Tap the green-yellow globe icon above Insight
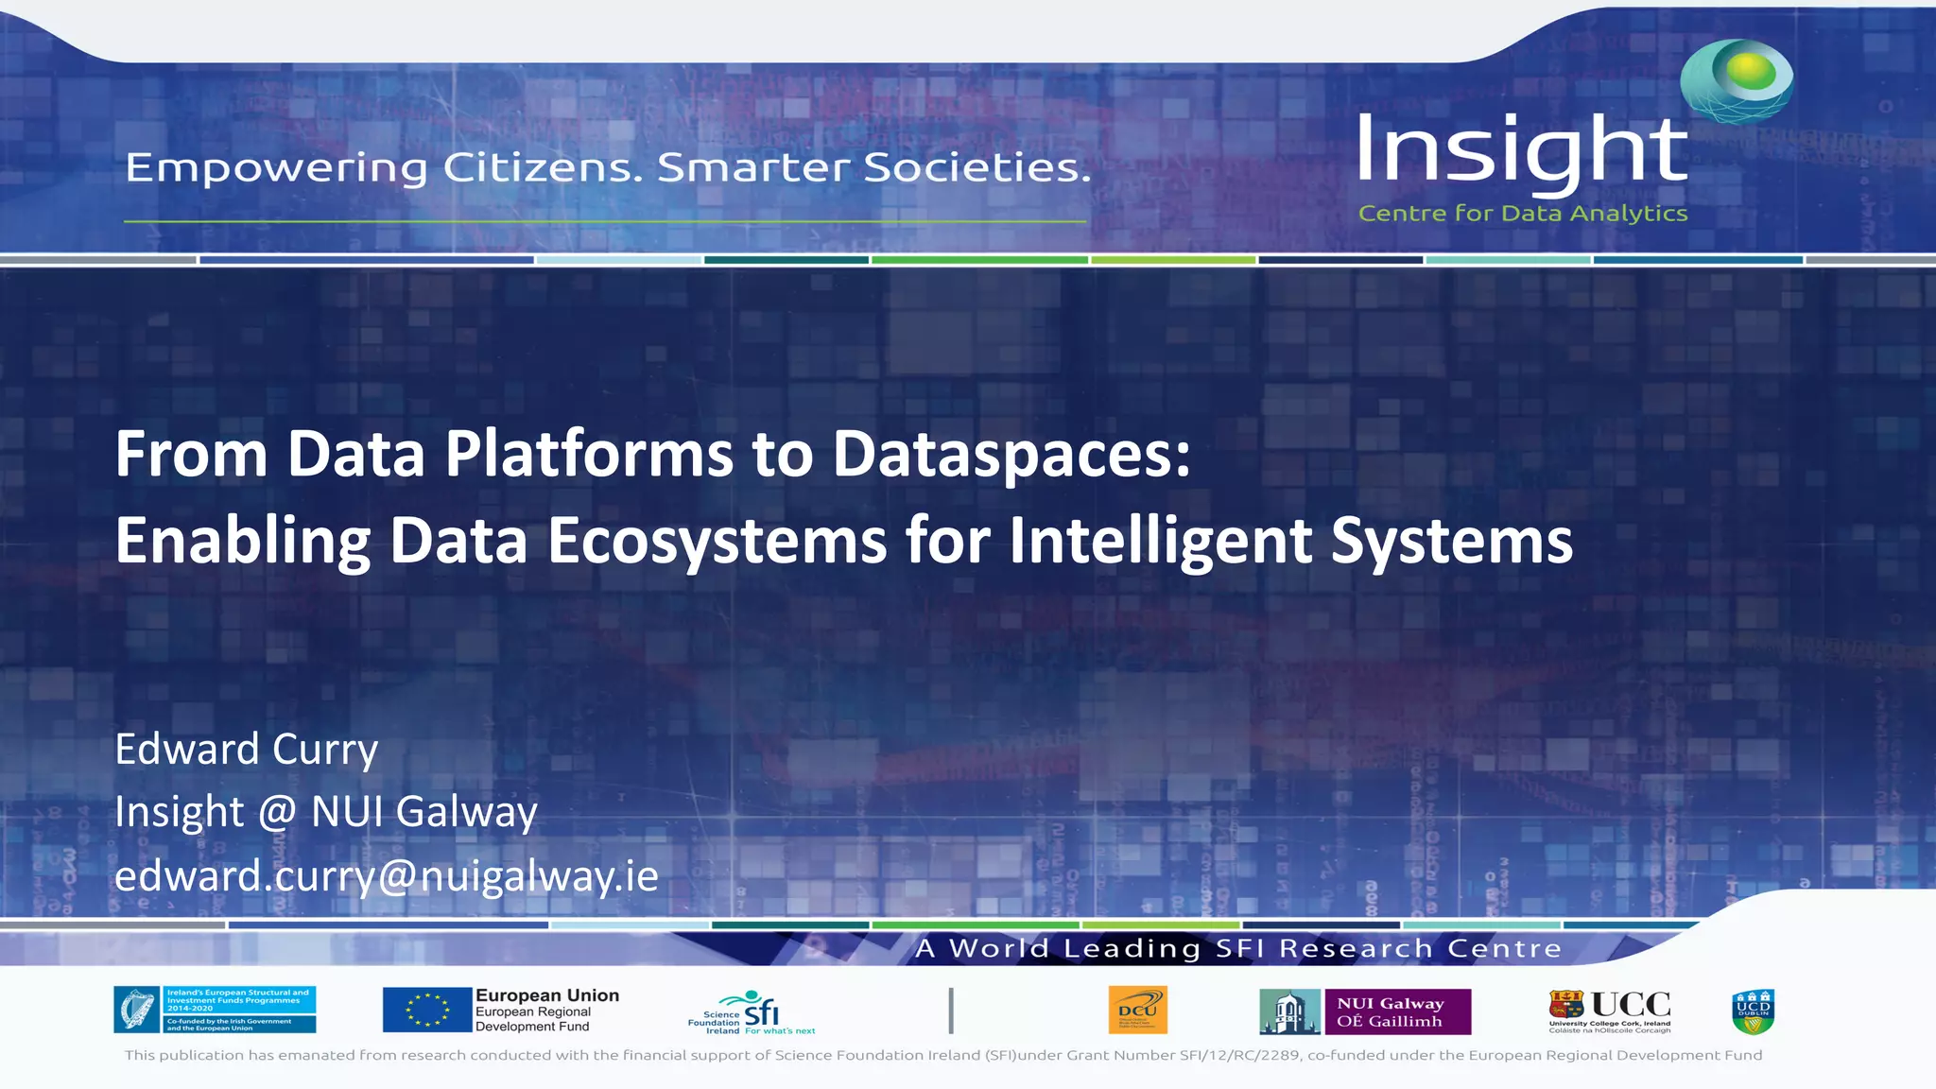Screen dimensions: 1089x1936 [1737, 79]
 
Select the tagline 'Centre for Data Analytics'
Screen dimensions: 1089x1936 [1522, 214]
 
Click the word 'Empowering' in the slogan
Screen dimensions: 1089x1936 [276, 168]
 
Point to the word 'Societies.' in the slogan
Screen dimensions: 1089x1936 [977, 167]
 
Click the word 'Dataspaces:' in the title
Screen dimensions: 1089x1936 [1011, 455]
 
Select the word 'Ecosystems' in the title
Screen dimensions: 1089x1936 [717, 541]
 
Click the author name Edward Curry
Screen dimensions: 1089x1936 [246, 750]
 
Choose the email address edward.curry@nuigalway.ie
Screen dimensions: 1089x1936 [386, 875]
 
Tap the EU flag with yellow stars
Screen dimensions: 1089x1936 [426, 1010]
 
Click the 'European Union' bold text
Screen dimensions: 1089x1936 [547, 995]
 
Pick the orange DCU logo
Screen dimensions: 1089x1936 [1137, 1010]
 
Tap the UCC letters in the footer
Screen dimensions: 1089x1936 [1631, 1004]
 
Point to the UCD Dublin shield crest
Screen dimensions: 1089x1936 [1753, 1011]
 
